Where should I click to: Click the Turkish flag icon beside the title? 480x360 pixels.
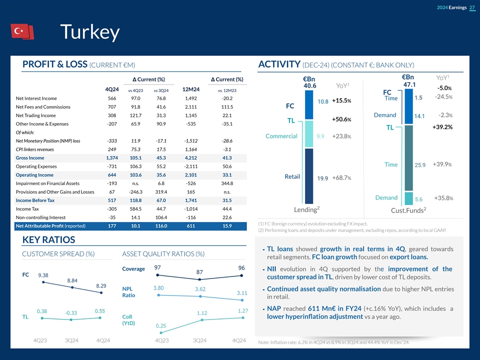tap(22, 31)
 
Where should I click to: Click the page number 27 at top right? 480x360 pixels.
tap(472, 7)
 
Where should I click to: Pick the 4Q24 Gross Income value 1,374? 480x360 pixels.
tap(111, 158)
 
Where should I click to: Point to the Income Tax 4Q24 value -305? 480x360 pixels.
tap(111, 209)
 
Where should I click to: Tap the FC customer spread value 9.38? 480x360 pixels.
tap(42, 275)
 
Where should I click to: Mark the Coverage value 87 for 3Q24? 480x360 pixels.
tap(200, 272)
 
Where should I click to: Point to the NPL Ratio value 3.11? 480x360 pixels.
tap(242, 293)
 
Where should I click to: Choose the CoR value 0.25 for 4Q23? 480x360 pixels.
tap(161, 326)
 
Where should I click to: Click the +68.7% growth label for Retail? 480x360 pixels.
tap(341, 178)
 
